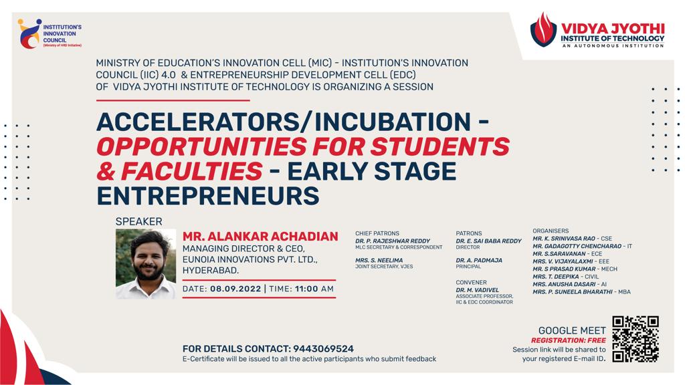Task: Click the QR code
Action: click(635, 339)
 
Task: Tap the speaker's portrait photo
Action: click(146, 264)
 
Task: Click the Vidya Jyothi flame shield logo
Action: click(543, 29)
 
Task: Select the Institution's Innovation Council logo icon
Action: click(29, 33)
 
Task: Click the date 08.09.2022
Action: click(235, 289)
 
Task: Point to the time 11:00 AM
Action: click(314, 289)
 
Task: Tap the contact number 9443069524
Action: click(323, 349)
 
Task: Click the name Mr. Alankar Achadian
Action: click(260, 236)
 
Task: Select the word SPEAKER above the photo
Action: click(139, 222)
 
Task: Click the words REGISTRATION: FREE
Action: click(569, 340)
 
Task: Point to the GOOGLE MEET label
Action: click(572, 330)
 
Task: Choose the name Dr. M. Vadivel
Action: click(478, 290)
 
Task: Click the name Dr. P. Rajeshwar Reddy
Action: click(393, 241)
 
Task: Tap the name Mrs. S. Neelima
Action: click(379, 260)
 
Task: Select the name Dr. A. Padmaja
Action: click(479, 260)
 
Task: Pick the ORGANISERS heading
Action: click(551, 231)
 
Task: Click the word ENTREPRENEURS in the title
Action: click(208, 196)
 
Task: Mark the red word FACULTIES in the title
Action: click(192, 171)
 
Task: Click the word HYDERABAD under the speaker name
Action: click(211, 271)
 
